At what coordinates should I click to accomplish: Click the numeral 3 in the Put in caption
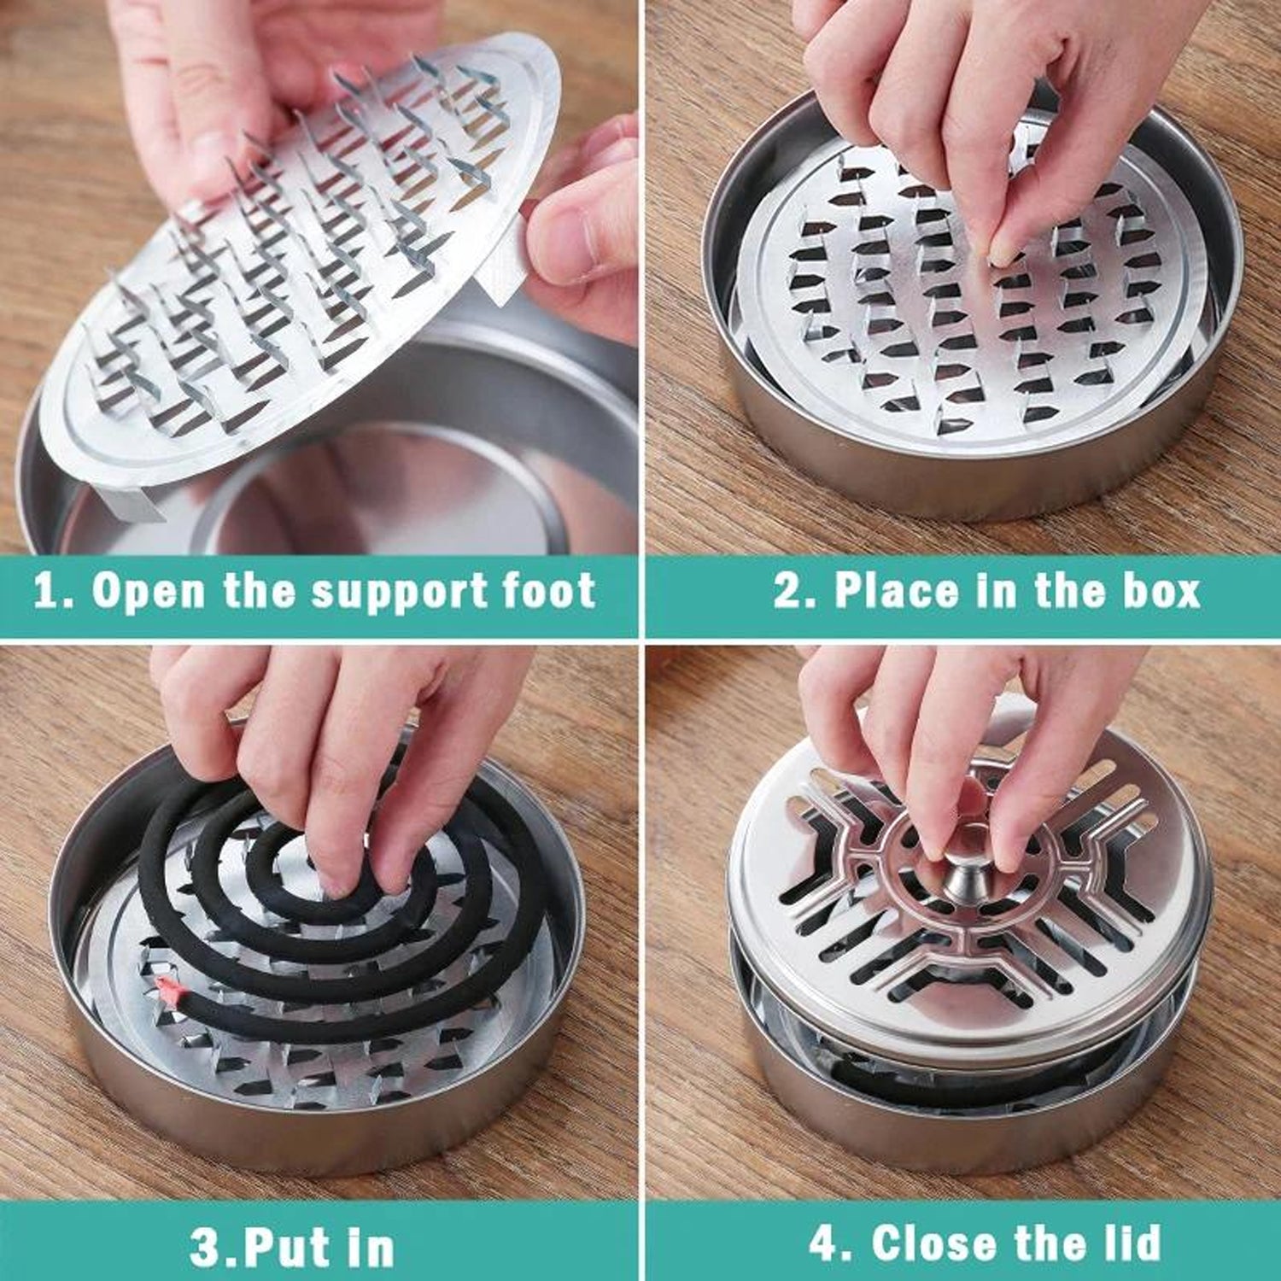205,1249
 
